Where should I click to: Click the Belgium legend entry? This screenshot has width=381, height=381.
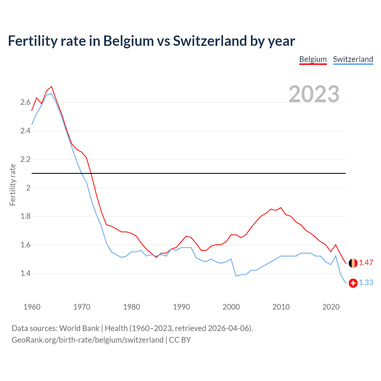313,59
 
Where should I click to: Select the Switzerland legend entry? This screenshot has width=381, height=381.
353,59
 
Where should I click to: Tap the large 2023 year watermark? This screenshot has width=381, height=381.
314,94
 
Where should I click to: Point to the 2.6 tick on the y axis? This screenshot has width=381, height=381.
25,102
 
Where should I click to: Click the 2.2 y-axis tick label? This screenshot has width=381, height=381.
25,159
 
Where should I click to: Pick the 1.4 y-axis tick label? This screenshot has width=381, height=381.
25,273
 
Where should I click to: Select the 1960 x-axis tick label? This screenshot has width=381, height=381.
32,307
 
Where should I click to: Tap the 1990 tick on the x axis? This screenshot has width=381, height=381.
181,307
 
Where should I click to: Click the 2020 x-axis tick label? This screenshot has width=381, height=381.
331,307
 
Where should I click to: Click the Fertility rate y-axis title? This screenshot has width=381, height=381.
13,185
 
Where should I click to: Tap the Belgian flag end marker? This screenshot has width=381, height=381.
353,263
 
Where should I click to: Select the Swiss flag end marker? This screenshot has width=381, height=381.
353,283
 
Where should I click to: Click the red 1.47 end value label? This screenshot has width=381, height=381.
366,263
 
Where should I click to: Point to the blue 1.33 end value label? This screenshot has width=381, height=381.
366,283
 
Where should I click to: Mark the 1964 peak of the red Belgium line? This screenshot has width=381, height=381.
51,87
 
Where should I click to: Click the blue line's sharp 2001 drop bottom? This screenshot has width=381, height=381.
236,276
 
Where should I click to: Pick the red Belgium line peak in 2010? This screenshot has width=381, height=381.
281,208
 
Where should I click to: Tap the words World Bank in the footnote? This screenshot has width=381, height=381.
79,328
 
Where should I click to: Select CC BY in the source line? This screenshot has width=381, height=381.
180,340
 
